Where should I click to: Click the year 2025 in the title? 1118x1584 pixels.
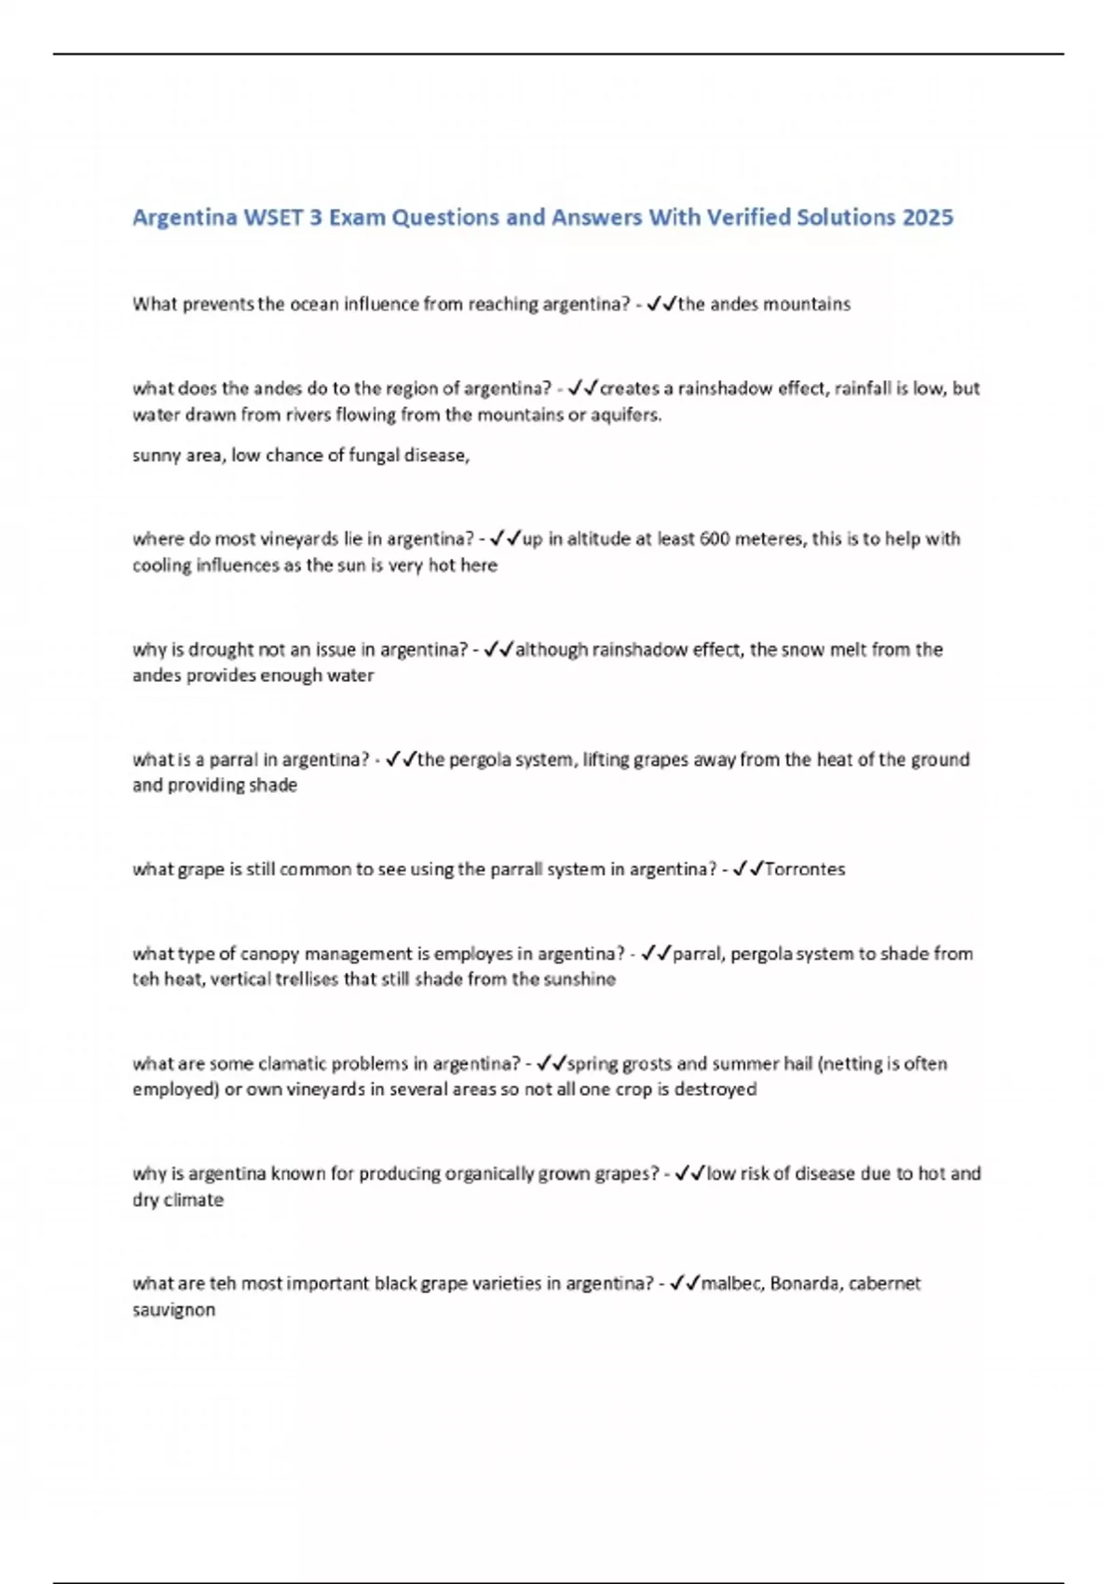[927, 217]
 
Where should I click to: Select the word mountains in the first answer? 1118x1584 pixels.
[806, 304]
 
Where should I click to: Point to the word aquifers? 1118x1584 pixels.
[625, 415]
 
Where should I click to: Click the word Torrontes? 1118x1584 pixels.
[804, 869]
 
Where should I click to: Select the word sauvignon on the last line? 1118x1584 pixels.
[173, 1310]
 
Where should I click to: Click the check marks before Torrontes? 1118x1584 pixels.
[747, 869]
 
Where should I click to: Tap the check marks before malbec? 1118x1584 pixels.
[684, 1284]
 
